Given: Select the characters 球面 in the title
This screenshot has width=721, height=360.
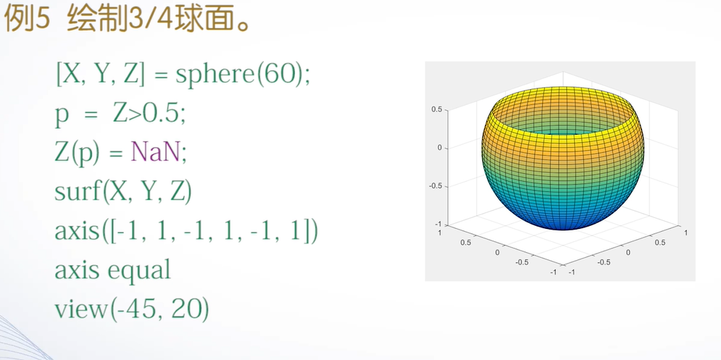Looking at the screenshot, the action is click(x=198, y=20).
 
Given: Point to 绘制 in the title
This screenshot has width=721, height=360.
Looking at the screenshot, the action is click(x=95, y=20).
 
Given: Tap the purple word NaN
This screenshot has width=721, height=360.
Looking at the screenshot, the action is click(x=155, y=153).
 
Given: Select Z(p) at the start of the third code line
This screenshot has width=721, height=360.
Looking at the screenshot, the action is click(x=77, y=154).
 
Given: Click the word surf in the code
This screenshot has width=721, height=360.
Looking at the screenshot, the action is click(x=78, y=192).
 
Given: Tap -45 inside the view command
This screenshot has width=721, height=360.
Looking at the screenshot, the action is click(x=141, y=310).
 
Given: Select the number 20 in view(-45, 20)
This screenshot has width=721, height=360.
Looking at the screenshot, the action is click(x=186, y=310).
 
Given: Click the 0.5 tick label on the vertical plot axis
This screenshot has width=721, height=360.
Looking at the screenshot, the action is click(x=437, y=109).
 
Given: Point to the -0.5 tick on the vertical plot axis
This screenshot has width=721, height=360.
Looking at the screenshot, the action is click(x=435, y=186).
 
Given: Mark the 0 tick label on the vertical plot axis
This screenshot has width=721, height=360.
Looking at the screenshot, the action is click(x=441, y=148).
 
